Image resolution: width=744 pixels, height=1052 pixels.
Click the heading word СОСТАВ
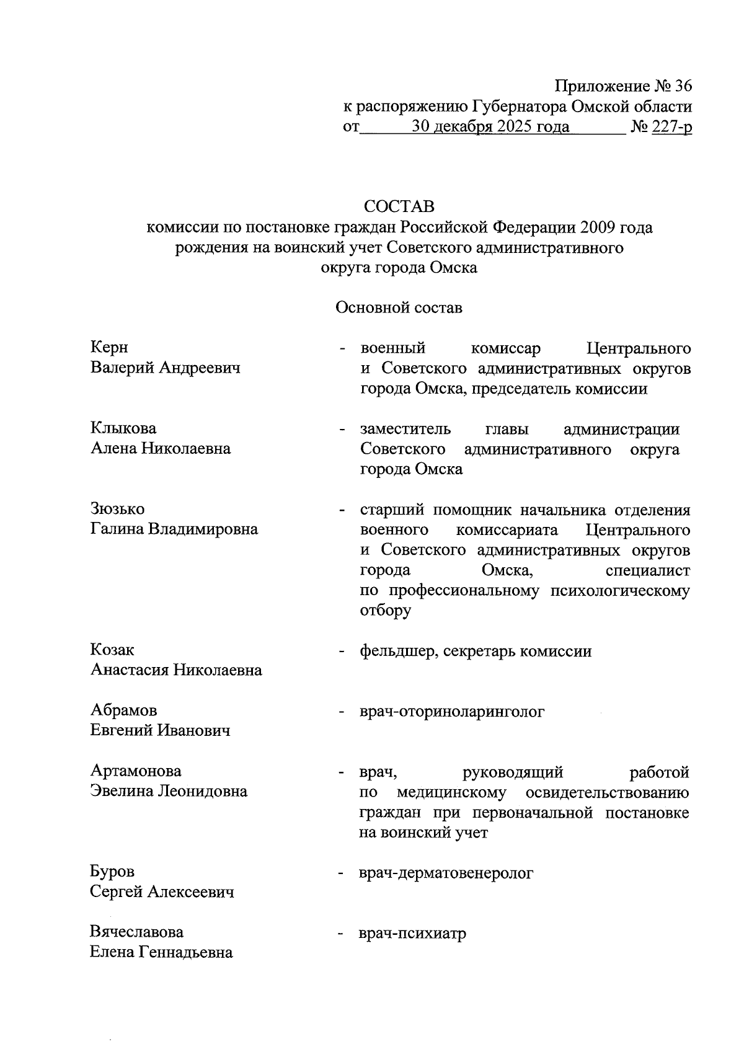(399, 205)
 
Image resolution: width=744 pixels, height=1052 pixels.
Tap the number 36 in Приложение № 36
(680, 86)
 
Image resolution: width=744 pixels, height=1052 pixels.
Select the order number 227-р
(671, 128)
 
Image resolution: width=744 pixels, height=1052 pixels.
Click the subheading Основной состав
(399, 307)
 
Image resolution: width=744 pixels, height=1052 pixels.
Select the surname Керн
(109, 347)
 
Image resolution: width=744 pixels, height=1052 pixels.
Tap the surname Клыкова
(123, 428)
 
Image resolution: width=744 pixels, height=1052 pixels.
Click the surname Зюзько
(117, 509)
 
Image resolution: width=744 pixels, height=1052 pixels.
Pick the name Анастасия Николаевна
(176, 670)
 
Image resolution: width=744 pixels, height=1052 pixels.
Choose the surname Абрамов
(123, 710)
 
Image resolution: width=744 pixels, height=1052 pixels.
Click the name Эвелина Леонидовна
(169, 791)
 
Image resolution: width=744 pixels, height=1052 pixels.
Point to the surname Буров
(112, 872)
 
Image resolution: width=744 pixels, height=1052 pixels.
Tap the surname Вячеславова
(136, 932)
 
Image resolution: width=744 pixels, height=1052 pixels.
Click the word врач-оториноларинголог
(452, 712)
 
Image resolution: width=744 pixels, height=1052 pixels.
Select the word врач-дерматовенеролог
(446, 873)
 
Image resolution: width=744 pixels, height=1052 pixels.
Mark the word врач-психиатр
(412, 934)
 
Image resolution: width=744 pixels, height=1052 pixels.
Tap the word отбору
(385, 611)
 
